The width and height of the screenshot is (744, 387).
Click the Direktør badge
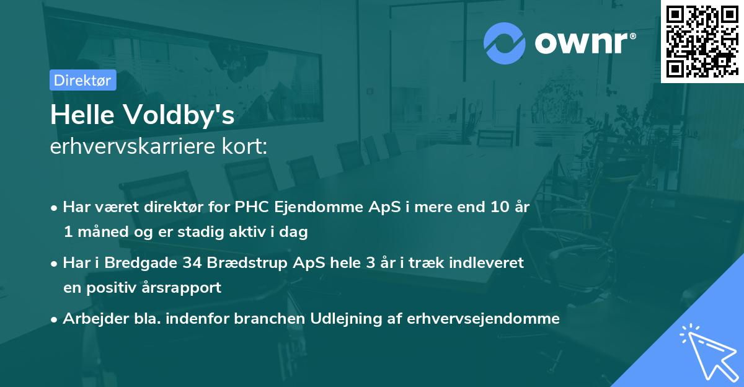(x=82, y=80)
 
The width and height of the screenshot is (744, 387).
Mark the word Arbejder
(x=91, y=319)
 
